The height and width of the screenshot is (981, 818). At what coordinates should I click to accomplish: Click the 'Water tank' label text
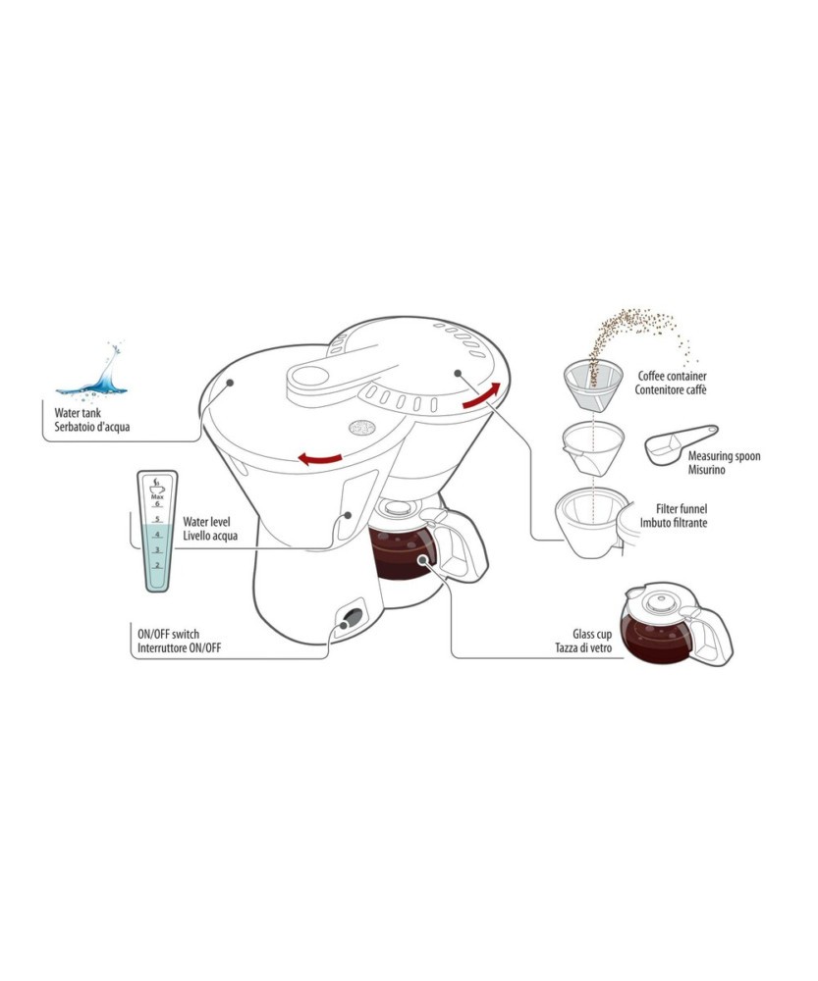78,413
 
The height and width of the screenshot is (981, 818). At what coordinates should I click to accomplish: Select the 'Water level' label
206,522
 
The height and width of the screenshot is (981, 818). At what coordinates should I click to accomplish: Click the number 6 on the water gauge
157,503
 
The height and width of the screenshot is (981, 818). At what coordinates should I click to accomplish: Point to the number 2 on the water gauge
157,565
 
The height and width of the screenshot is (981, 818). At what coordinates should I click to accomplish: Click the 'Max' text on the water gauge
157,496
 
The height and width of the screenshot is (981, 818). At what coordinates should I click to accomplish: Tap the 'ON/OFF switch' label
169,634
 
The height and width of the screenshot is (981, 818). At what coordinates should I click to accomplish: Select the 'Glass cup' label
592,635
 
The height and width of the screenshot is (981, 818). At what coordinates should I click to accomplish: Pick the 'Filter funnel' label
682,508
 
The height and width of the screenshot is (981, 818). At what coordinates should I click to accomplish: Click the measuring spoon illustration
682,444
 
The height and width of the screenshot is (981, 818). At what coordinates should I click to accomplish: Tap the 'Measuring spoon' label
724,456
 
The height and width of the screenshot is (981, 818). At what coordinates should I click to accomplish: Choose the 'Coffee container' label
672,376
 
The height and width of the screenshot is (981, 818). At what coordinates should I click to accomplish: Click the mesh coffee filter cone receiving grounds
593,384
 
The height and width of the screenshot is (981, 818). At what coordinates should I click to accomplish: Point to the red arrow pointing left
320,458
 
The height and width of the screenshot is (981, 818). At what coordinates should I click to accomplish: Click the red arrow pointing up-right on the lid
481,395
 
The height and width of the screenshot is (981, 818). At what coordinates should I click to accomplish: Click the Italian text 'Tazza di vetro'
583,648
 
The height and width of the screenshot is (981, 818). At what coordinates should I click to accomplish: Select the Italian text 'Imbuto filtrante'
674,523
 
